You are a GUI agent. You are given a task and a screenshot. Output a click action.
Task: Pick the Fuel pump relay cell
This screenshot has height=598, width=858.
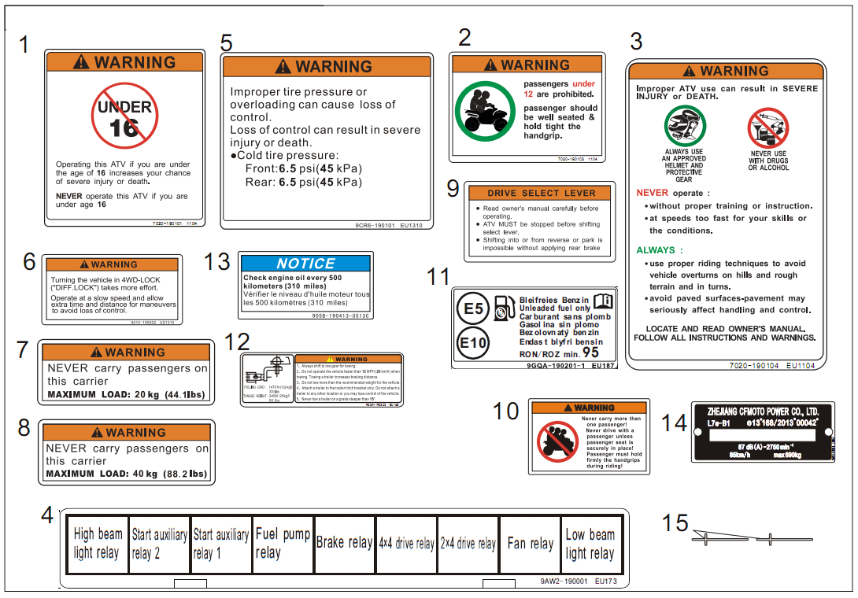(x=283, y=544)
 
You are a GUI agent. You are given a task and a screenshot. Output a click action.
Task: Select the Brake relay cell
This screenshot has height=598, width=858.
(x=344, y=544)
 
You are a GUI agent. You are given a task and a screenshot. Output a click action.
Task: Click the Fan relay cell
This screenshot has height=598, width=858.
(x=530, y=544)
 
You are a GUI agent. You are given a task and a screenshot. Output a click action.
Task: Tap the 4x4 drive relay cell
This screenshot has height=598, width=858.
(x=406, y=544)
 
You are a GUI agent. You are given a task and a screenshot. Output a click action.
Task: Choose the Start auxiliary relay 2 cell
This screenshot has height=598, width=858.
(x=159, y=544)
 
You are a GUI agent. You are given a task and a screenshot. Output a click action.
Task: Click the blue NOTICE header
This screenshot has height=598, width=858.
(x=305, y=264)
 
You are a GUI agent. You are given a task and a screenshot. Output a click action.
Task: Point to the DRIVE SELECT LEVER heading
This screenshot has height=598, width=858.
(x=540, y=193)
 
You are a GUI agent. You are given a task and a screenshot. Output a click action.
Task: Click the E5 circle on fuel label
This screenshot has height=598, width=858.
(x=473, y=309)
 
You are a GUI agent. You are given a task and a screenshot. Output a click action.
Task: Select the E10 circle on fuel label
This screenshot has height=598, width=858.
(x=473, y=343)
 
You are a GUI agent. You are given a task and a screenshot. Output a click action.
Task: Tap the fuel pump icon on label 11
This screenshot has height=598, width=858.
(x=502, y=308)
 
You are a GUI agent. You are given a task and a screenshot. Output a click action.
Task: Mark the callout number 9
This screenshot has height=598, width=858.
(x=453, y=188)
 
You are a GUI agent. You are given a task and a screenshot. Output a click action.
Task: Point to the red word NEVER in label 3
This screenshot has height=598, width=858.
(x=652, y=193)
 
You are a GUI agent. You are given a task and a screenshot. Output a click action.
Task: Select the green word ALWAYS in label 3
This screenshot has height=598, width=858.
(x=655, y=250)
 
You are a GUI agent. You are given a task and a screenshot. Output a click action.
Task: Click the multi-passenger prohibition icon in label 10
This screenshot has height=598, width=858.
(x=557, y=441)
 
